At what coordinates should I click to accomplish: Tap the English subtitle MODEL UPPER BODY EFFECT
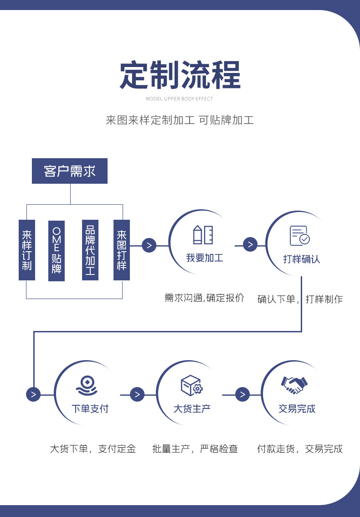point(180,98)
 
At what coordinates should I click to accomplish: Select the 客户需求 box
point(70,171)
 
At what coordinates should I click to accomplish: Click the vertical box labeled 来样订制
point(27,250)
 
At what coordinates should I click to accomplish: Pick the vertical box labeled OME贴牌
point(57,250)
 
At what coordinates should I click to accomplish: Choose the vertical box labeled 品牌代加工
point(90,250)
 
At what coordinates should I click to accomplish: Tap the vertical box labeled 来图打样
point(122,250)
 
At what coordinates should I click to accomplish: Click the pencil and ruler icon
point(203,234)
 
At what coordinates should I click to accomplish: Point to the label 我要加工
point(205,258)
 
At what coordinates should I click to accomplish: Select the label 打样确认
point(302,259)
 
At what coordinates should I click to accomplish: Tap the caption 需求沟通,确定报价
point(205,298)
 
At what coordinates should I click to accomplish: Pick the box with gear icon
point(191,386)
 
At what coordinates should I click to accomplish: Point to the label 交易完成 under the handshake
point(297,408)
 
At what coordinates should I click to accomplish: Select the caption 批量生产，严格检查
point(195,449)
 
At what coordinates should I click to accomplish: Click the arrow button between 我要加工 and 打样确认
point(250,245)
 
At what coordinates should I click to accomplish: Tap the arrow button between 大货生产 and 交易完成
point(242,394)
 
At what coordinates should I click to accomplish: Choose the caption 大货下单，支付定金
point(93,449)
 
